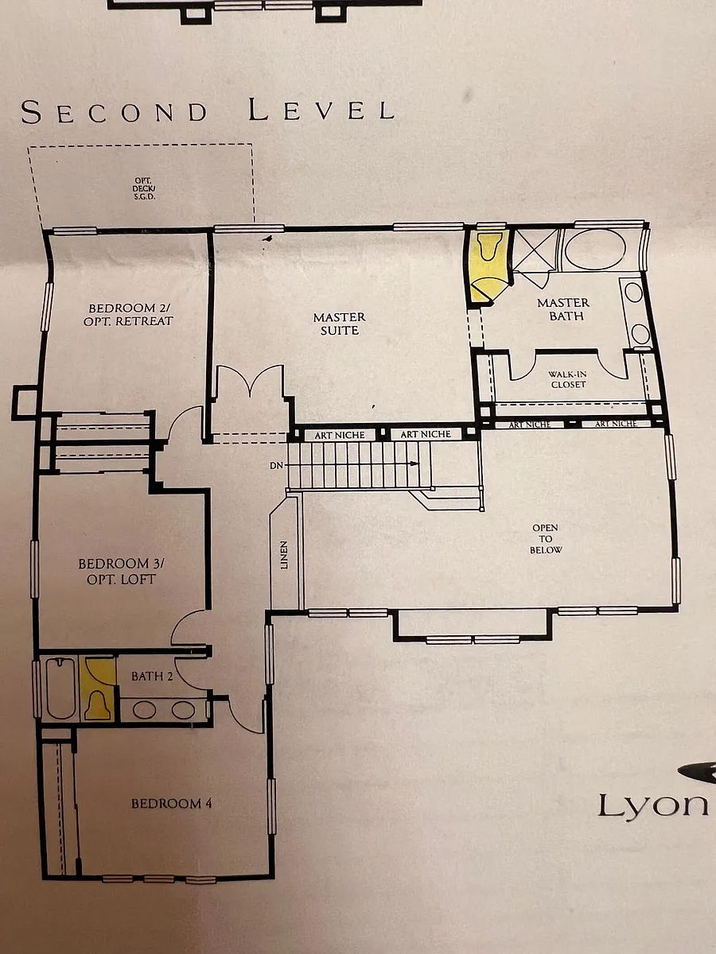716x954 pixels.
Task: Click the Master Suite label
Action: [x=339, y=324]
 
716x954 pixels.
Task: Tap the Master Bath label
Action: [x=563, y=309]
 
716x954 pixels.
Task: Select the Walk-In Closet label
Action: [x=567, y=379]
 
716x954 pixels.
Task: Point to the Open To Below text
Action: [x=546, y=538]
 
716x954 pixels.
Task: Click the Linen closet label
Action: [x=284, y=555]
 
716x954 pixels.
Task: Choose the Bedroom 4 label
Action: [x=172, y=804]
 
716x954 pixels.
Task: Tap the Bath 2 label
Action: [x=152, y=677]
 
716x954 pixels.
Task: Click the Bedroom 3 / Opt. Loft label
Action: [x=121, y=571]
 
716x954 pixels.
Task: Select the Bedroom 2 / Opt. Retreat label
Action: [x=128, y=314]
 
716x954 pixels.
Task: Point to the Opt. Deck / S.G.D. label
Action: [x=144, y=188]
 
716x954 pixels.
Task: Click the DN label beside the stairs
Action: [x=276, y=466]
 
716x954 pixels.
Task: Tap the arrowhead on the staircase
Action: [x=414, y=463]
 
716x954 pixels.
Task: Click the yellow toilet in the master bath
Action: [x=489, y=246]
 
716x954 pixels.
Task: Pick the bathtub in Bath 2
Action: [x=61, y=688]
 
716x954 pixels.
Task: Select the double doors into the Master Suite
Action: [x=250, y=380]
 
